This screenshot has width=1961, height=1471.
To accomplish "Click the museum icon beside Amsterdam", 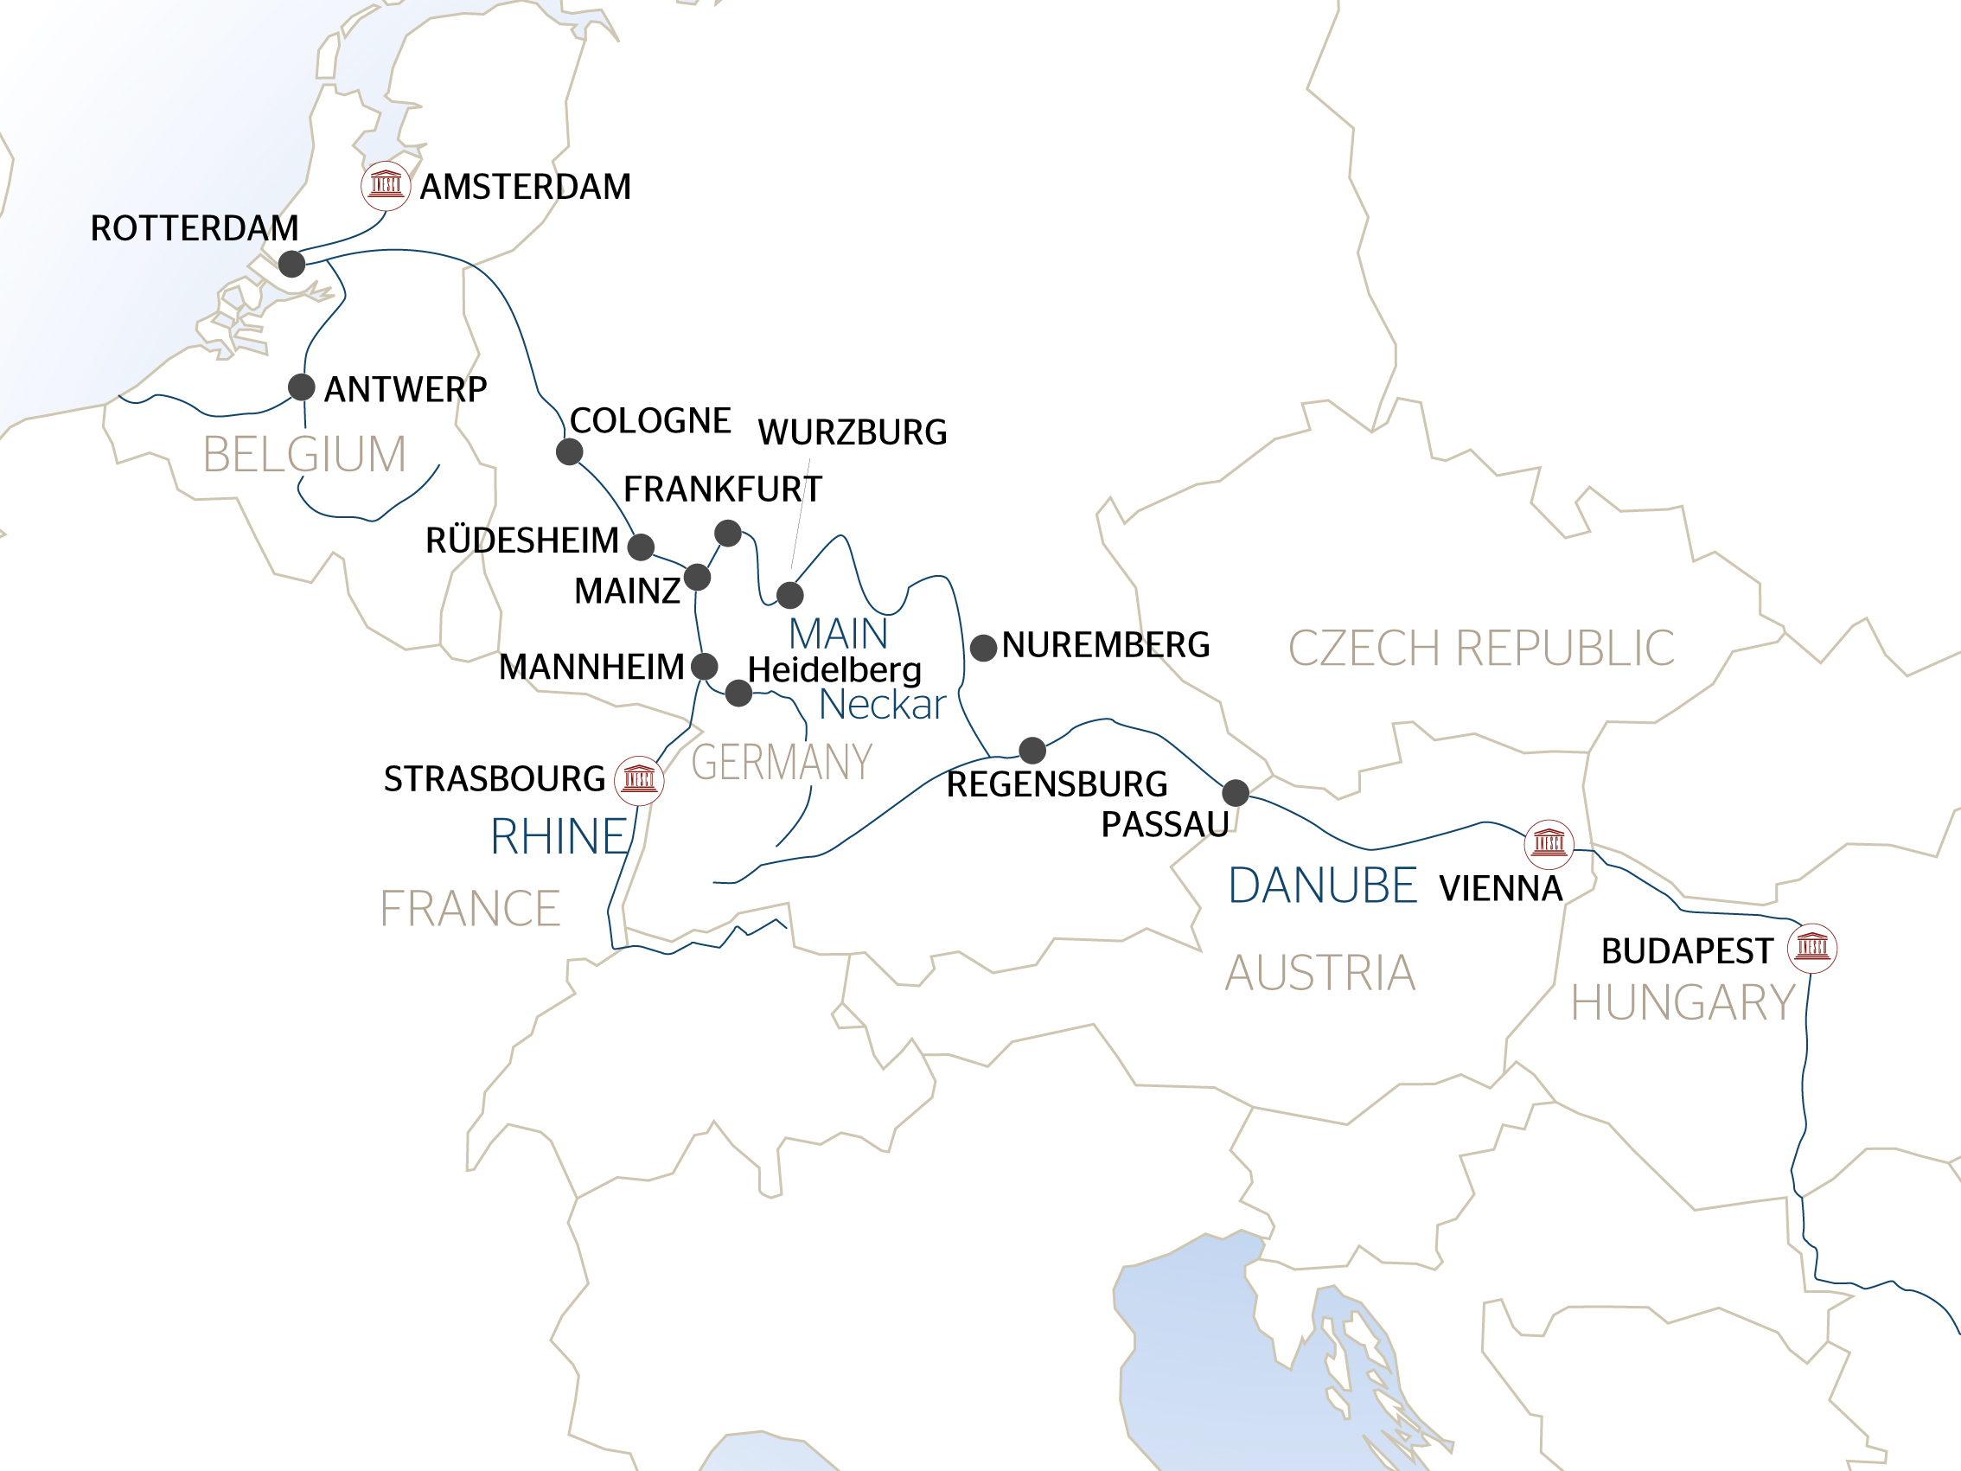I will point(386,185).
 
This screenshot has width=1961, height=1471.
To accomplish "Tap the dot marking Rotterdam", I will point(291,264).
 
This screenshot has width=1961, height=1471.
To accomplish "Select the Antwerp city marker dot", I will point(302,387).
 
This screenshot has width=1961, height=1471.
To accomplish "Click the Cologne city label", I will point(650,420).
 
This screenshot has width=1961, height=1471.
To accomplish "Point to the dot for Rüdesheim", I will point(641,547).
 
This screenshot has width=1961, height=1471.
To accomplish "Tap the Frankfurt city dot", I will point(728,533).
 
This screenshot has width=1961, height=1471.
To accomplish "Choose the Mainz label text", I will point(627,591).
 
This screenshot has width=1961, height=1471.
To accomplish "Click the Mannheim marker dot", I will point(705,666).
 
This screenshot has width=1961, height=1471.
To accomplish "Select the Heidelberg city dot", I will point(738,694).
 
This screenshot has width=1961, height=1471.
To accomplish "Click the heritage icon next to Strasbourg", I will point(639,780).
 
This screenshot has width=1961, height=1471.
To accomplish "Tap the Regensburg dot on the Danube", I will point(1032,750).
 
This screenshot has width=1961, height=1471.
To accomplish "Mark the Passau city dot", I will point(1236,793).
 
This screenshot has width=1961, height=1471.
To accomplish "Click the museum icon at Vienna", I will point(1549,843).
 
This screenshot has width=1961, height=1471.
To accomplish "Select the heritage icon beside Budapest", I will point(1812,948).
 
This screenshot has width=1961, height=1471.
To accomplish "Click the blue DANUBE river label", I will point(1322,886).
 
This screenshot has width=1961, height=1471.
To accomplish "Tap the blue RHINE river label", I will point(559,837).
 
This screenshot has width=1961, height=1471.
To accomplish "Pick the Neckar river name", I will point(882,705).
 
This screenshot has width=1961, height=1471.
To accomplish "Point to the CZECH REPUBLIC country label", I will point(1480,649).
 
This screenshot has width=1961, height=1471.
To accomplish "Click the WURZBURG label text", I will point(852,432).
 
